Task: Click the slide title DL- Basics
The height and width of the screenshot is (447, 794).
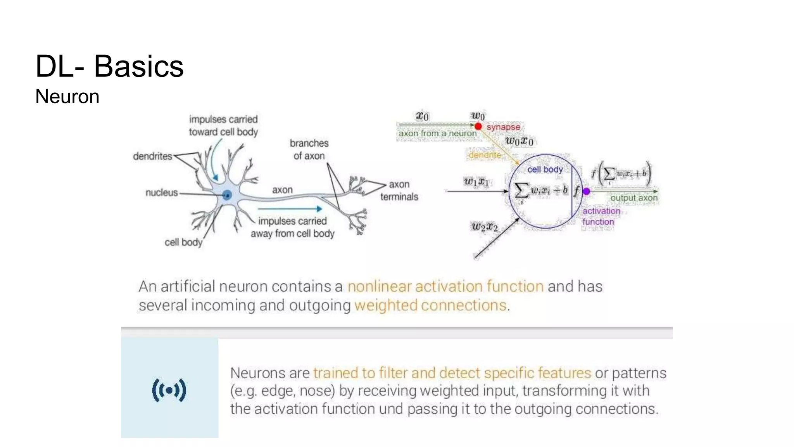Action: click(x=109, y=66)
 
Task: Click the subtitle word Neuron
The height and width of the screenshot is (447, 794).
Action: click(x=67, y=97)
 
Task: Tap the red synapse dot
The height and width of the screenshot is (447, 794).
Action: click(x=478, y=126)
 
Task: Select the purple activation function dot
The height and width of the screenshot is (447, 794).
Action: click(x=586, y=191)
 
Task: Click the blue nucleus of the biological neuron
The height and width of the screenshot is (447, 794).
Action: click(x=227, y=195)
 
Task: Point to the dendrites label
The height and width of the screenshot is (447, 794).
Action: click(x=152, y=156)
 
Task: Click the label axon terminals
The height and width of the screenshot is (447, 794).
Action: click(x=399, y=191)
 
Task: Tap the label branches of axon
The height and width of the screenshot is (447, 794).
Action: click(x=309, y=149)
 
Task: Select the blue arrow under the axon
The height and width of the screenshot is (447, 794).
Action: click(x=290, y=209)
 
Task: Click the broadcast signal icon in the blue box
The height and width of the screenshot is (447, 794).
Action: click(x=169, y=390)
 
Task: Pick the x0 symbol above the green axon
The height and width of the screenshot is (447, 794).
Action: click(x=422, y=116)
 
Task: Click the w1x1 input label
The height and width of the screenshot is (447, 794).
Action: click(x=476, y=181)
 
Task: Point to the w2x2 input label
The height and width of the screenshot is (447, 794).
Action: click(x=484, y=227)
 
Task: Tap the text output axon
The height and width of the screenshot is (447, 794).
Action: click(x=633, y=198)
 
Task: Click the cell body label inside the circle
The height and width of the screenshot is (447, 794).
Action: click(x=545, y=170)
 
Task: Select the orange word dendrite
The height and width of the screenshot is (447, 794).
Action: click(x=485, y=155)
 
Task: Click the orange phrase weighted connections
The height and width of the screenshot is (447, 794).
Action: click(x=430, y=305)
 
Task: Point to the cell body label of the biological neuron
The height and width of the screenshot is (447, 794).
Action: click(x=183, y=243)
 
